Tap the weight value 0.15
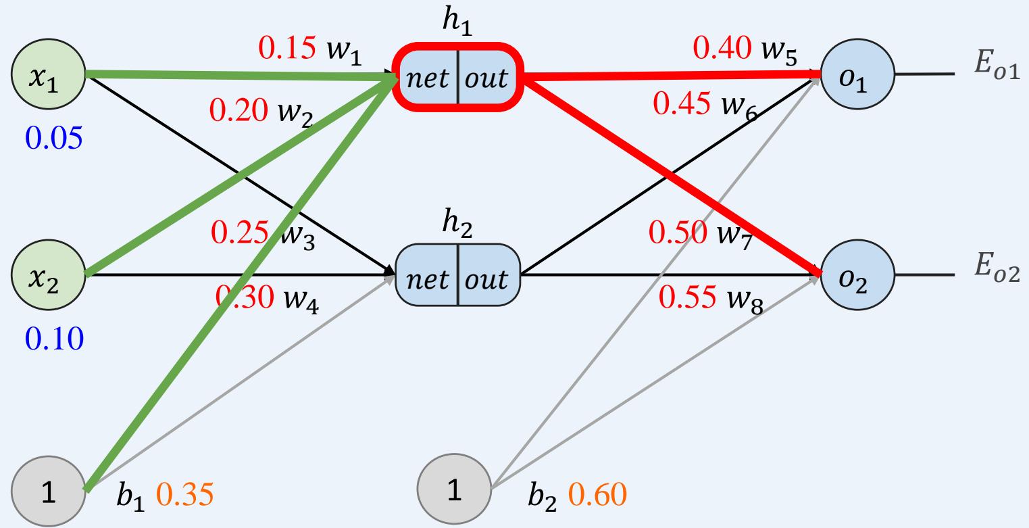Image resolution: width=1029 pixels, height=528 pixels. click(x=286, y=49)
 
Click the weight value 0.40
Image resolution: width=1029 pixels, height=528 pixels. click(x=722, y=49)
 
